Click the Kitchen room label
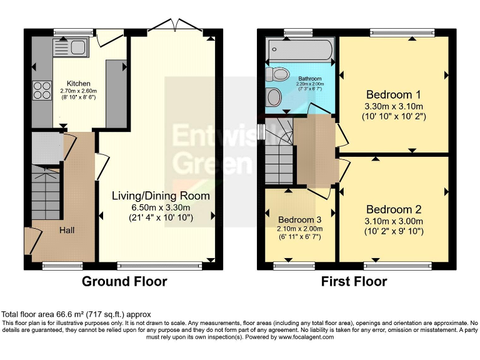click(x=79, y=83)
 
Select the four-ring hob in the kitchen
click(x=42, y=91)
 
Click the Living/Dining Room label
click(x=161, y=196)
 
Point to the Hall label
click(x=67, y=231)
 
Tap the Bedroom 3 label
click(x=301, y=220)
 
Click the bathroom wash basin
click(x=274, y=97)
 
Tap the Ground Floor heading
click(x=124, y=281)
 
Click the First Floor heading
click(x=354, y=281)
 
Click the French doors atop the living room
click(x=175, y=26)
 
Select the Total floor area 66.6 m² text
click(x=76, y=314)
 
